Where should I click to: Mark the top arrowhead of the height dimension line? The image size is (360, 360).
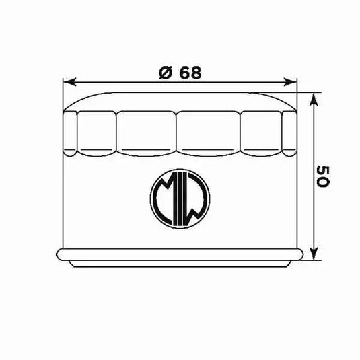[314, 98]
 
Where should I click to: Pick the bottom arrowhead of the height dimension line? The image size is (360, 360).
[314, 254]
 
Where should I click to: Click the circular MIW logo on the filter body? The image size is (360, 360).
[180, 198]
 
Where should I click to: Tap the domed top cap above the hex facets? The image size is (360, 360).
[180, 101]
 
